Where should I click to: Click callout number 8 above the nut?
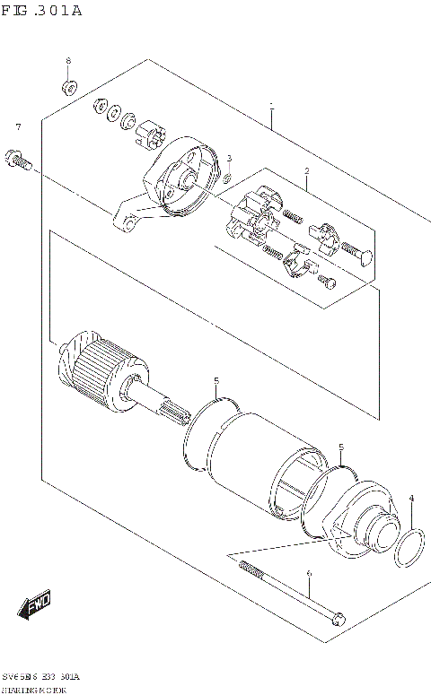[68, 61]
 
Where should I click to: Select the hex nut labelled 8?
[69, 88]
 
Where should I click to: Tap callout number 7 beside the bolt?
[17, 127]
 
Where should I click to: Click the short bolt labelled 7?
[18, 161]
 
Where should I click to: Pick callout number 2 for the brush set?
[306, 171]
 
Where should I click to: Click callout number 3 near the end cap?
[229, 159]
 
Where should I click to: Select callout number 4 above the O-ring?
[411, 498]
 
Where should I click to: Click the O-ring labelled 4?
[410, 548]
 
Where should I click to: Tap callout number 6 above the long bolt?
[308, 574]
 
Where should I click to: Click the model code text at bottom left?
[41, 673]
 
